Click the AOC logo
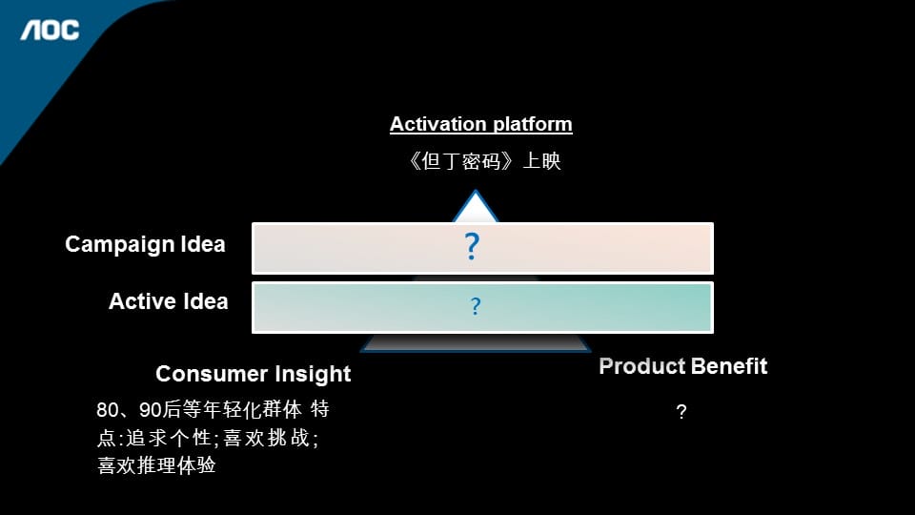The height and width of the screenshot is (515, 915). pyautogui.click(x=50, y=31)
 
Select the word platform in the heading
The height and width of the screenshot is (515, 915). pyautogui.click(x=532, y=124)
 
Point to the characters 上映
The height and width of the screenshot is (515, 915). pyautogui.click(x=541, y=160)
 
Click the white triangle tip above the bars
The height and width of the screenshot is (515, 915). pyautogui.click(x=475, y=192)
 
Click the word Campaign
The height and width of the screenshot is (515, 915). pyautogui.click(x=120, y=245)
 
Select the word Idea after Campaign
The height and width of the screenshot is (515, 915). pyautogui.click(x=202, y=244)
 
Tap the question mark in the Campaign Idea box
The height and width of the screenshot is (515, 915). pyautogui.click(x=472, y=246)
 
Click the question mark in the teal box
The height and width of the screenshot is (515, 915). pyautogui.click(x=476, y=306)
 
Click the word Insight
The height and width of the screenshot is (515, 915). pyautogui.click(x=313, y=374)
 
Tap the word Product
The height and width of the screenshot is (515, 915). pyautogui.click(x=641, y=366)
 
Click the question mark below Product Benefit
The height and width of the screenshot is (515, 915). pyautogui.click(x=681, y=412)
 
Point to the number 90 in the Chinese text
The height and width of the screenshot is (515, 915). pyautogui.click(x=150, y=410)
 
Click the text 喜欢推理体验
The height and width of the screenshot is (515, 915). pyautogui.click(x=156, y=465)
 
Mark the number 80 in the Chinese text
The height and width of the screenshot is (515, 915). pyautogui.click(x=108, y=410)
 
